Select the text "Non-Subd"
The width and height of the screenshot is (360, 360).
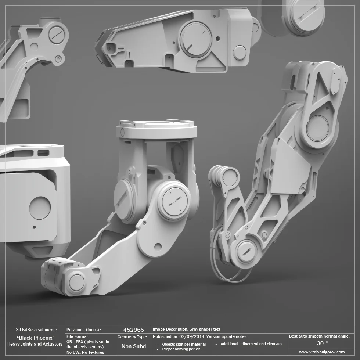click(134, 346)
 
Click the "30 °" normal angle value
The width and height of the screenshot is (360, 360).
click(322, 343)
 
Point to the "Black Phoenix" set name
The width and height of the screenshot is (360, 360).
click(36, 338)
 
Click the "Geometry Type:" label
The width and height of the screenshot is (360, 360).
click(132, 337)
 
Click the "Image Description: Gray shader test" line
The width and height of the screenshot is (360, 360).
click(186, 330)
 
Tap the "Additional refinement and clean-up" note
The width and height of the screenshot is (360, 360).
click(251, 344)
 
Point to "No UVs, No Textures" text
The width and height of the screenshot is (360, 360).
click(85, 352)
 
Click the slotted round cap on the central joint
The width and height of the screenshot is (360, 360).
click(174, 202)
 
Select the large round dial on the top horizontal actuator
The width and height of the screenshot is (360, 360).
click(195, 39)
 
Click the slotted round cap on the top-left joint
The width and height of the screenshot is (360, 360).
click(57, 35)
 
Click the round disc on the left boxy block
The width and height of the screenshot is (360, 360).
click(40, 208)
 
